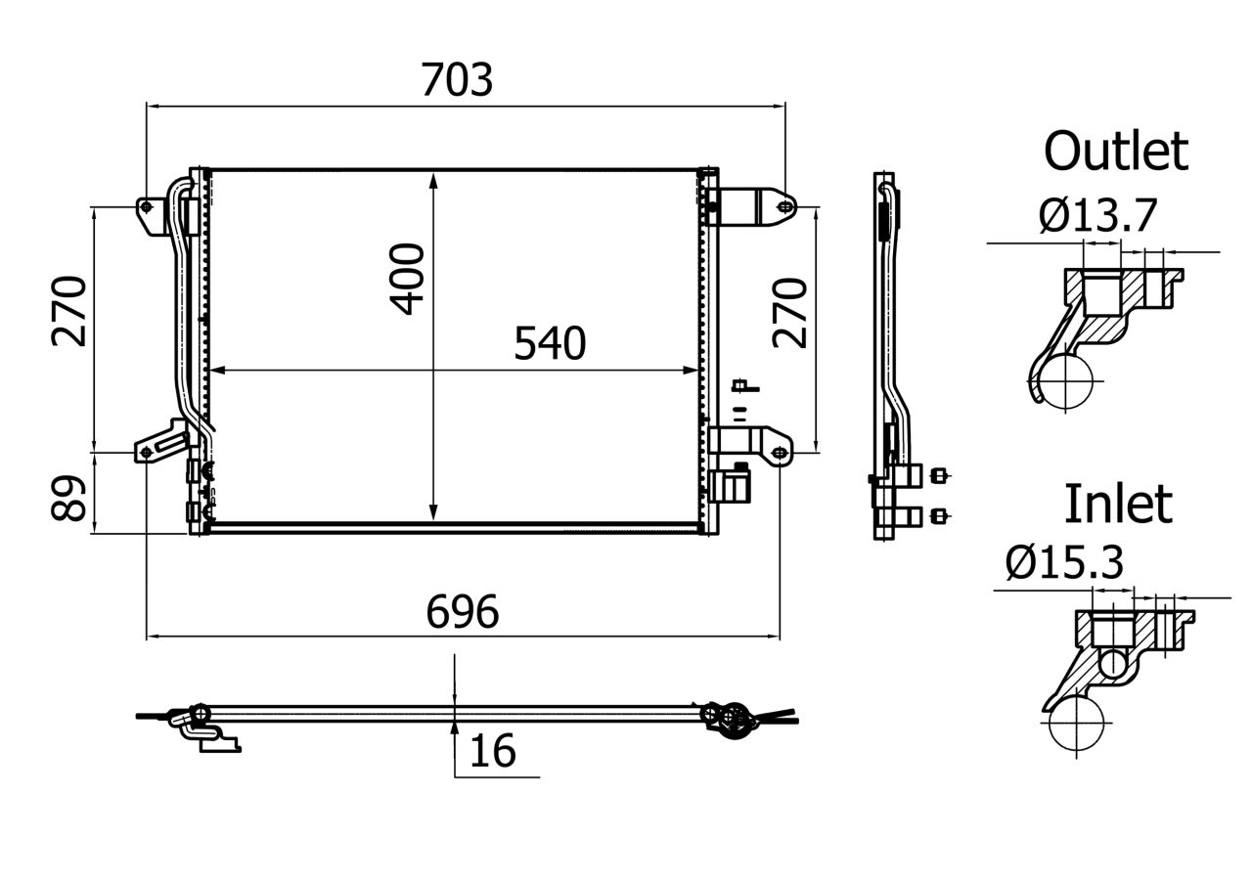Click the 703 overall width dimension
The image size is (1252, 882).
coord(457,79)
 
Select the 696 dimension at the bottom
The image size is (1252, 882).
coord(463,612)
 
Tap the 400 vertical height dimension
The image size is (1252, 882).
coord(408,280)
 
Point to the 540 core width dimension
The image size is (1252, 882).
coord(550,344)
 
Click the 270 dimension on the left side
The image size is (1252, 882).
coord(70,311)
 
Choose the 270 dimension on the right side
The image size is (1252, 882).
coord(791,312)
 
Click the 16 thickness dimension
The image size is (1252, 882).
coord(492,752)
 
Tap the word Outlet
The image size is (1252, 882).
coord(1115,152)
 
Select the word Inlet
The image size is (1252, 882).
coord(1117,504)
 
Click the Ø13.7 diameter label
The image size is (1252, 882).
coord(1097,216)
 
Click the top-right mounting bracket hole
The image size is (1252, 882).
coord(783,207)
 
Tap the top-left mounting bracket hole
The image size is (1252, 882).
coord(147,207)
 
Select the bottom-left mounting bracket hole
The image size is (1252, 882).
coord(147,453)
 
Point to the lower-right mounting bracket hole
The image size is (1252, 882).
coord(779,454)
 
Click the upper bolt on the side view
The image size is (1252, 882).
coord(941,476)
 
